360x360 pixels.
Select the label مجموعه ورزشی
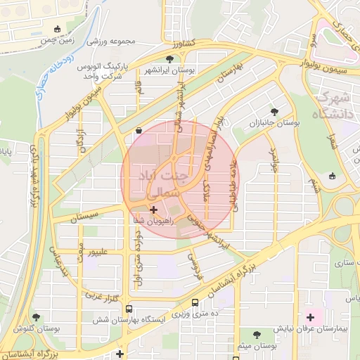point(111,41)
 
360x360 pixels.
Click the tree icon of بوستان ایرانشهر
point(169,58)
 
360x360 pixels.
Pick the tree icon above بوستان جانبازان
point(274,112)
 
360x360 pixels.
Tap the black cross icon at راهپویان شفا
point(153,209)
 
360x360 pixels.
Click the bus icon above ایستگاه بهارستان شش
point(129,309)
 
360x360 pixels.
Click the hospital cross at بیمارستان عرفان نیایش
point(310,317)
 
